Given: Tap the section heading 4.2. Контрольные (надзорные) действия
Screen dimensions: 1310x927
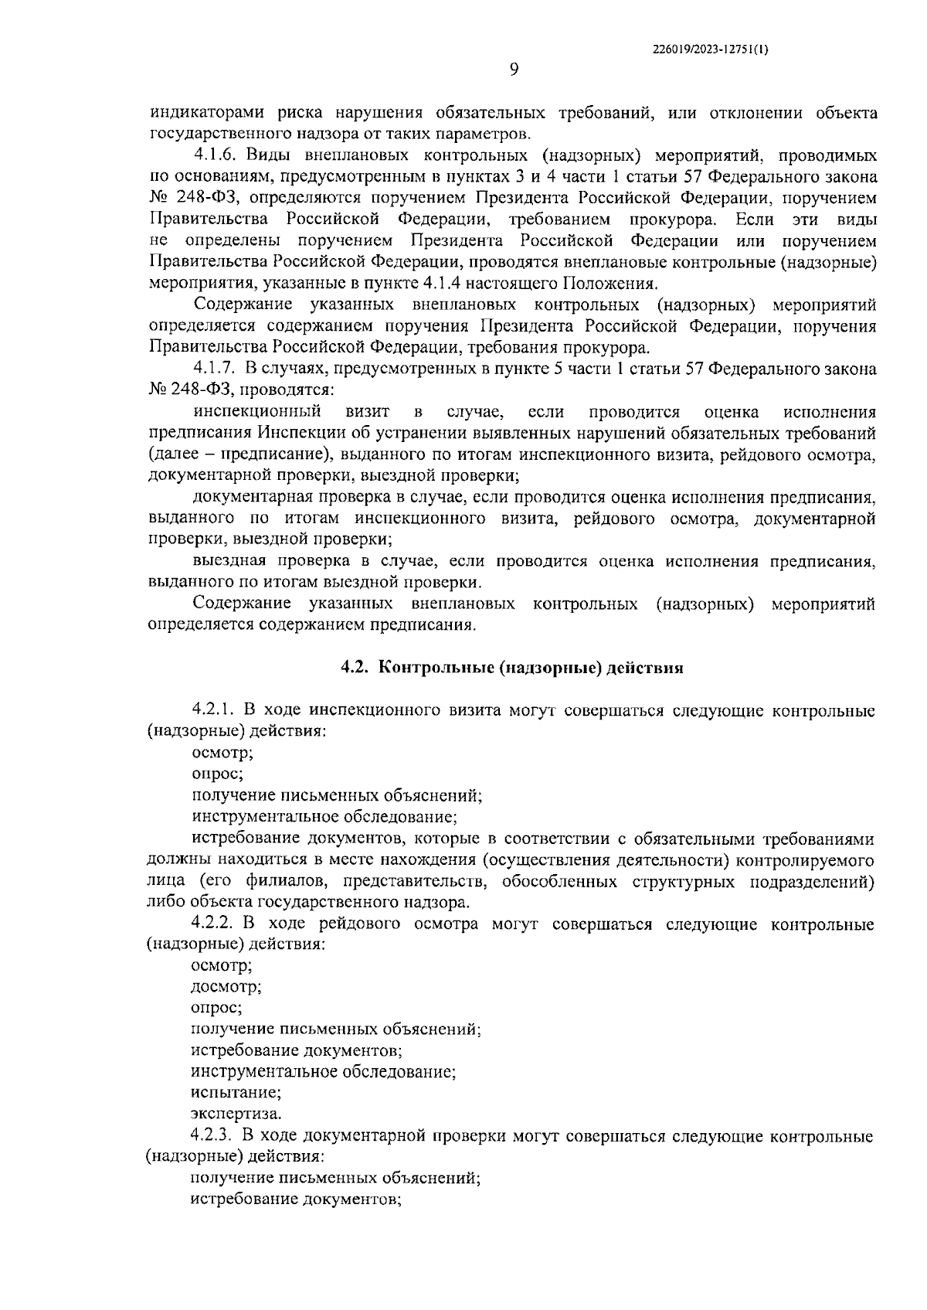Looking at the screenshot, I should point(513,668).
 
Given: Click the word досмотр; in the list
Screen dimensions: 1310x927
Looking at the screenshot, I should point(226,987).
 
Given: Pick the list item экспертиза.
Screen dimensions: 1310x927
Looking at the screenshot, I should point(236,1114).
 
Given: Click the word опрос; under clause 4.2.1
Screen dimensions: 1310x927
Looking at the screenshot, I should point(218,773).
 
